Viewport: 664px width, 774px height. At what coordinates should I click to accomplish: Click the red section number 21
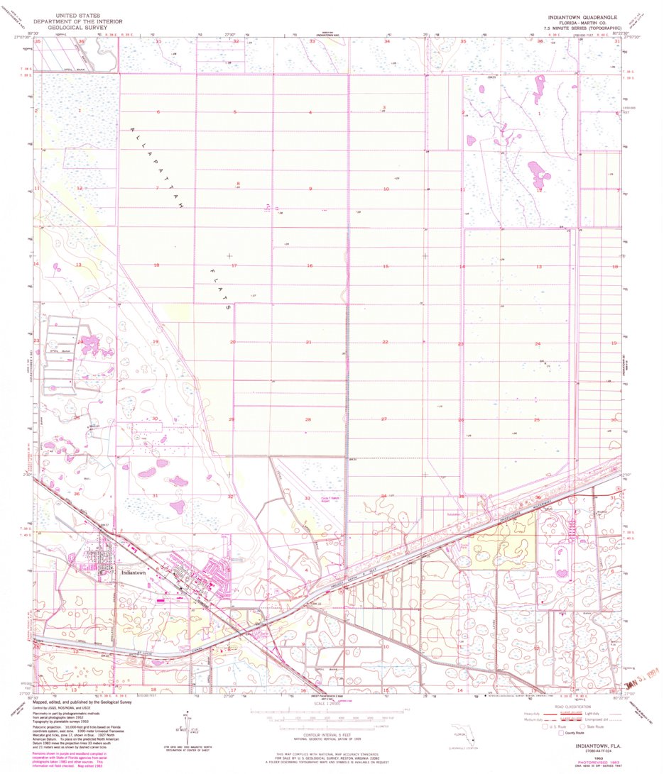308,342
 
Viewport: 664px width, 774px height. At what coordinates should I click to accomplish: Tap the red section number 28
308,419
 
